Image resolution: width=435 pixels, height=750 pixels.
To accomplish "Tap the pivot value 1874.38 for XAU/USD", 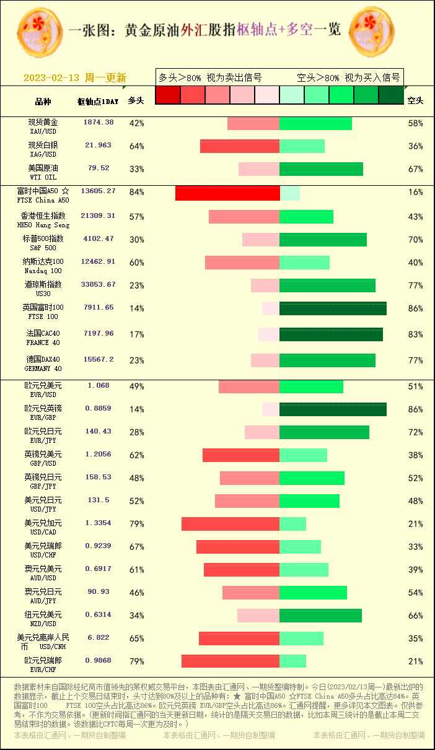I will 99,123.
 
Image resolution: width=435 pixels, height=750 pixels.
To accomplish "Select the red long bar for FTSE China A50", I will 227,193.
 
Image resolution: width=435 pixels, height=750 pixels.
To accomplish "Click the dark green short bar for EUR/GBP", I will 333,409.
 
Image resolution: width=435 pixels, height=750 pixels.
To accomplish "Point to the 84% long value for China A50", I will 136,192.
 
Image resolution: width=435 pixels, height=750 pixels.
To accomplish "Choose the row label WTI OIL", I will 43,177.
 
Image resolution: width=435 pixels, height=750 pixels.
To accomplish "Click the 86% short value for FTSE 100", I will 415,308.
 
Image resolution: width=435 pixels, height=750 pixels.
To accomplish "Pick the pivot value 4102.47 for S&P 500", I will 99,238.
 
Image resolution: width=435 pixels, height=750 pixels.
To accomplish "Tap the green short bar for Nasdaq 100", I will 304,263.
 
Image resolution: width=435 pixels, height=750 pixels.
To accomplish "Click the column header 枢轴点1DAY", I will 99,101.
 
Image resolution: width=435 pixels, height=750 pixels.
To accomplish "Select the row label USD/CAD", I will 43,532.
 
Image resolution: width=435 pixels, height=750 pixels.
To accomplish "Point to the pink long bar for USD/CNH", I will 239,639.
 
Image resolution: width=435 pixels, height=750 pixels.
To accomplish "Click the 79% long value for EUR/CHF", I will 136,661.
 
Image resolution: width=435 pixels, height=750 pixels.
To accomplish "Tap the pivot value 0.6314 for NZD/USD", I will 99,615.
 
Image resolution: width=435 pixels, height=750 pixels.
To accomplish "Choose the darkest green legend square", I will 391,95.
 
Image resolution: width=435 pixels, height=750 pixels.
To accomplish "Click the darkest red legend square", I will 167,95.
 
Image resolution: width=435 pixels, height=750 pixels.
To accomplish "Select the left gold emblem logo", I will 39,30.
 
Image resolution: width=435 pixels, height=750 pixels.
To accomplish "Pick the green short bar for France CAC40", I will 331,334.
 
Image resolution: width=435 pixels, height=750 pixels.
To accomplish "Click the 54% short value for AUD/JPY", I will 415,593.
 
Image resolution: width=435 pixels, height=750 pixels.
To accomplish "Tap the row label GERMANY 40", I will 43,368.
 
